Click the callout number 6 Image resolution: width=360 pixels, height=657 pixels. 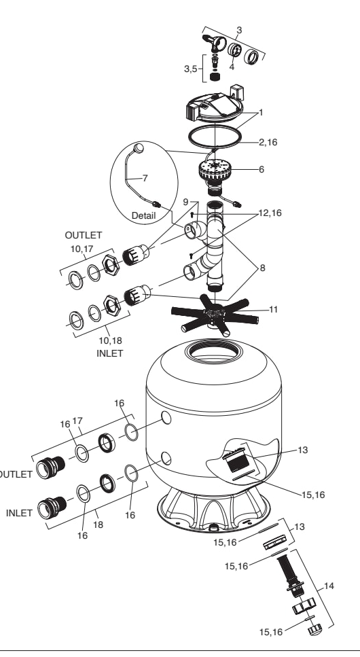(262, 170)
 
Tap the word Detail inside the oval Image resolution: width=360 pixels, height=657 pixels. (143, 216)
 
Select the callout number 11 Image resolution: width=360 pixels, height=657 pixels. (273, 310)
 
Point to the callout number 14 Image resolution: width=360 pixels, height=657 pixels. (329, 586)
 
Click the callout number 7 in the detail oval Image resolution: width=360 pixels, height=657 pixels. (145, 179)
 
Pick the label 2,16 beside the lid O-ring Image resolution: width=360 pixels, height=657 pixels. (268, 143)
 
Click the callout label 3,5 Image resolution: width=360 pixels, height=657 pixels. (190, 69)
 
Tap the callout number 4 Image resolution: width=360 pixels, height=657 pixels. (232, 67)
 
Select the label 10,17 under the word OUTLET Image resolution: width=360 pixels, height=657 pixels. (82, 249)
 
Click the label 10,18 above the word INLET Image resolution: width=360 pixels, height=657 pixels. (110, 340)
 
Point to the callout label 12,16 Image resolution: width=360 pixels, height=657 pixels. (270, 213)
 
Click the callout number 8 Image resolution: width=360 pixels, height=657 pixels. (262, 268)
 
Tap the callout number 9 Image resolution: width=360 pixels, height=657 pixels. (185, 202)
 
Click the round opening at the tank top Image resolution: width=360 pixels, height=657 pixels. (213, 351)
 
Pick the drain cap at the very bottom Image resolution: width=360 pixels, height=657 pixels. (314, 628)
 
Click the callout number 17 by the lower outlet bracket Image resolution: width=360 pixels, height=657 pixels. (77, 421)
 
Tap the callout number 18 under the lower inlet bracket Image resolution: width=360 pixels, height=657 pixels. (98, 525)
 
